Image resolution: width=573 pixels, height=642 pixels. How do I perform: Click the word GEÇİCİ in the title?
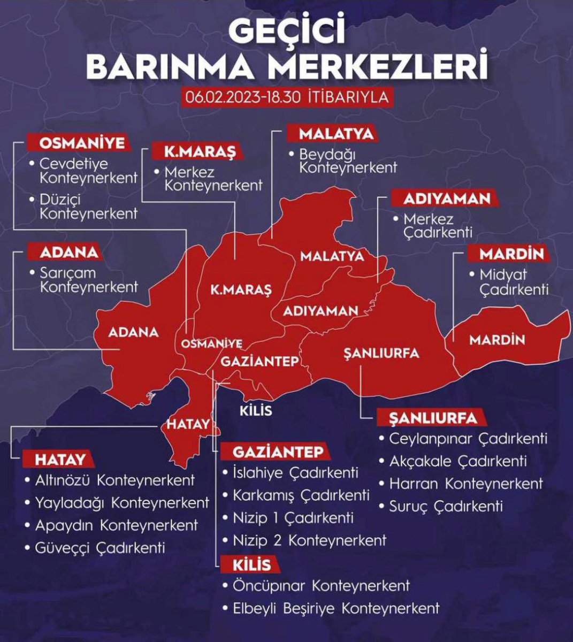(x=287, y=33)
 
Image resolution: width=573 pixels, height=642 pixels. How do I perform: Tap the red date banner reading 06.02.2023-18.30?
(x=286, y=97)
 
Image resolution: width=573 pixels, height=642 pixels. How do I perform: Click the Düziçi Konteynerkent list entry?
(x=89, y=207)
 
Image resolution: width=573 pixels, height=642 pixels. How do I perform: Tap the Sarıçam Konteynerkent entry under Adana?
(x=89, y=280)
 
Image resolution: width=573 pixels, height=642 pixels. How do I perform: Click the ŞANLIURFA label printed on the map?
(x=381, y=353)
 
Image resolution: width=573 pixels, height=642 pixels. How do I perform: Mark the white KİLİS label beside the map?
(x=256, y=411)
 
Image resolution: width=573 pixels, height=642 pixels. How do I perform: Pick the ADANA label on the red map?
(x=133, y=332)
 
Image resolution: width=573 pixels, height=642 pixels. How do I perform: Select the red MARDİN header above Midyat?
(x=511, y=254)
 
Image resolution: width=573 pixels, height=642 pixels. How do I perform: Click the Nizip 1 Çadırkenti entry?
(x=293, y=518)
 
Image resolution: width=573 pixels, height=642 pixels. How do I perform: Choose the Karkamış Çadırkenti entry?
(x=301, y=495)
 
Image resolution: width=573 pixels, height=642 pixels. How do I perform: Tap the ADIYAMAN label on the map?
(x=320, y=311)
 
